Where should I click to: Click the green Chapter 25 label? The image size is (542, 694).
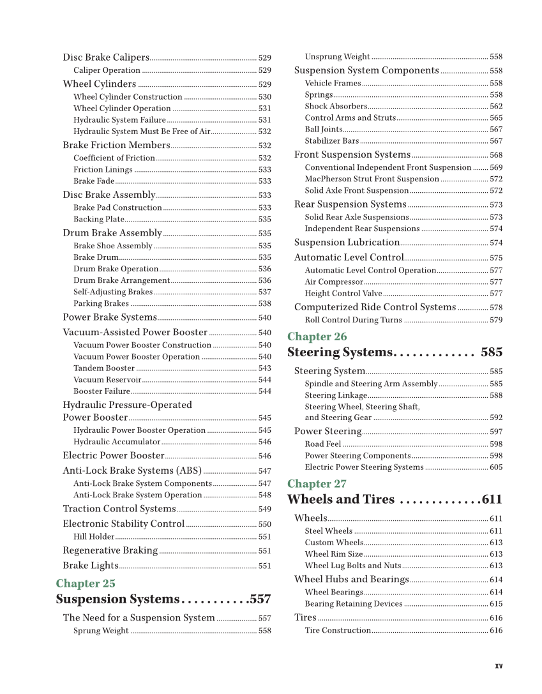click(x=86, y=584)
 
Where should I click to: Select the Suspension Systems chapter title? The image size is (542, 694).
click(x=117, y=600)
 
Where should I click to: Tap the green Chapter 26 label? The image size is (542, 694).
click(x=317, y=336)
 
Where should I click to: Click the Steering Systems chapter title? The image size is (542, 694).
click(x=339, y=352)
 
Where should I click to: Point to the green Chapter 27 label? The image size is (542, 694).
click(x=317, y=483)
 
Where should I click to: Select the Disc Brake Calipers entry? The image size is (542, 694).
click(x=106, y=57)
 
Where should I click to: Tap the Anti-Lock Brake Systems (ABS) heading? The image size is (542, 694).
click(x=132, y=471)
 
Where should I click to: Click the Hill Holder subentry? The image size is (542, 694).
click(x=94, y=537)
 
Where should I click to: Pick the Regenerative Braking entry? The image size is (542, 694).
click(x=110, y=550)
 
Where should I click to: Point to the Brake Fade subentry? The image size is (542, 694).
click(x=94, y=181)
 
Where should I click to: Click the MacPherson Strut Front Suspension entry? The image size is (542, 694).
click(x=372, y=179)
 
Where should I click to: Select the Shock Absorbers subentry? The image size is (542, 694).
click(x=336, y=107)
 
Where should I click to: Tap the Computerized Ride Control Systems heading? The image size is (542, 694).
click(x=375, y=307)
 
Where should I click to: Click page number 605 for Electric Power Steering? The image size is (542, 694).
click(x=496, y=467)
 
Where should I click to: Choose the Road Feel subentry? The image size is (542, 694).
click(x=323, y=444)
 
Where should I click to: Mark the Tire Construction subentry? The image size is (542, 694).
click(x=338, y=631)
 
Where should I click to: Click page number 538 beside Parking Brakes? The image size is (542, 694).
click(x=264, y=304)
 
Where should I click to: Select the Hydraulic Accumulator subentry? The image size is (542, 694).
click(x=117, y=442)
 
